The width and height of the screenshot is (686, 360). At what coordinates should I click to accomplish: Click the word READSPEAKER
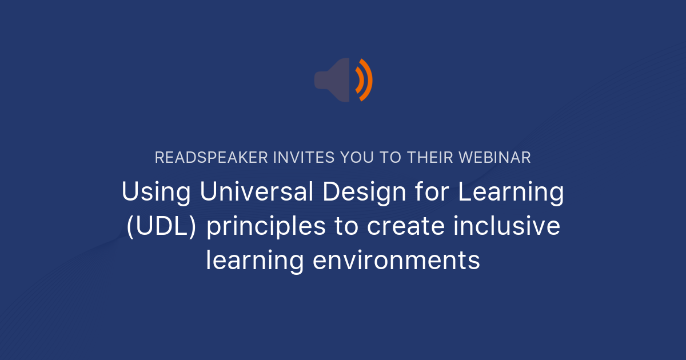(204, 158)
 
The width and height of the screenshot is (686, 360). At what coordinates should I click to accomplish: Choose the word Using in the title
(156, 193)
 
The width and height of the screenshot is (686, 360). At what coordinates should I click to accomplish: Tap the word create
(405, 227)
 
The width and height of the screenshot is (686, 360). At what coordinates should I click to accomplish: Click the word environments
(396, 261)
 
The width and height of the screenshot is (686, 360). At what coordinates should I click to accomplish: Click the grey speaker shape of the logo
(334, 80)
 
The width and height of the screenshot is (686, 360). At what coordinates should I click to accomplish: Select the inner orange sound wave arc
(360, 80)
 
